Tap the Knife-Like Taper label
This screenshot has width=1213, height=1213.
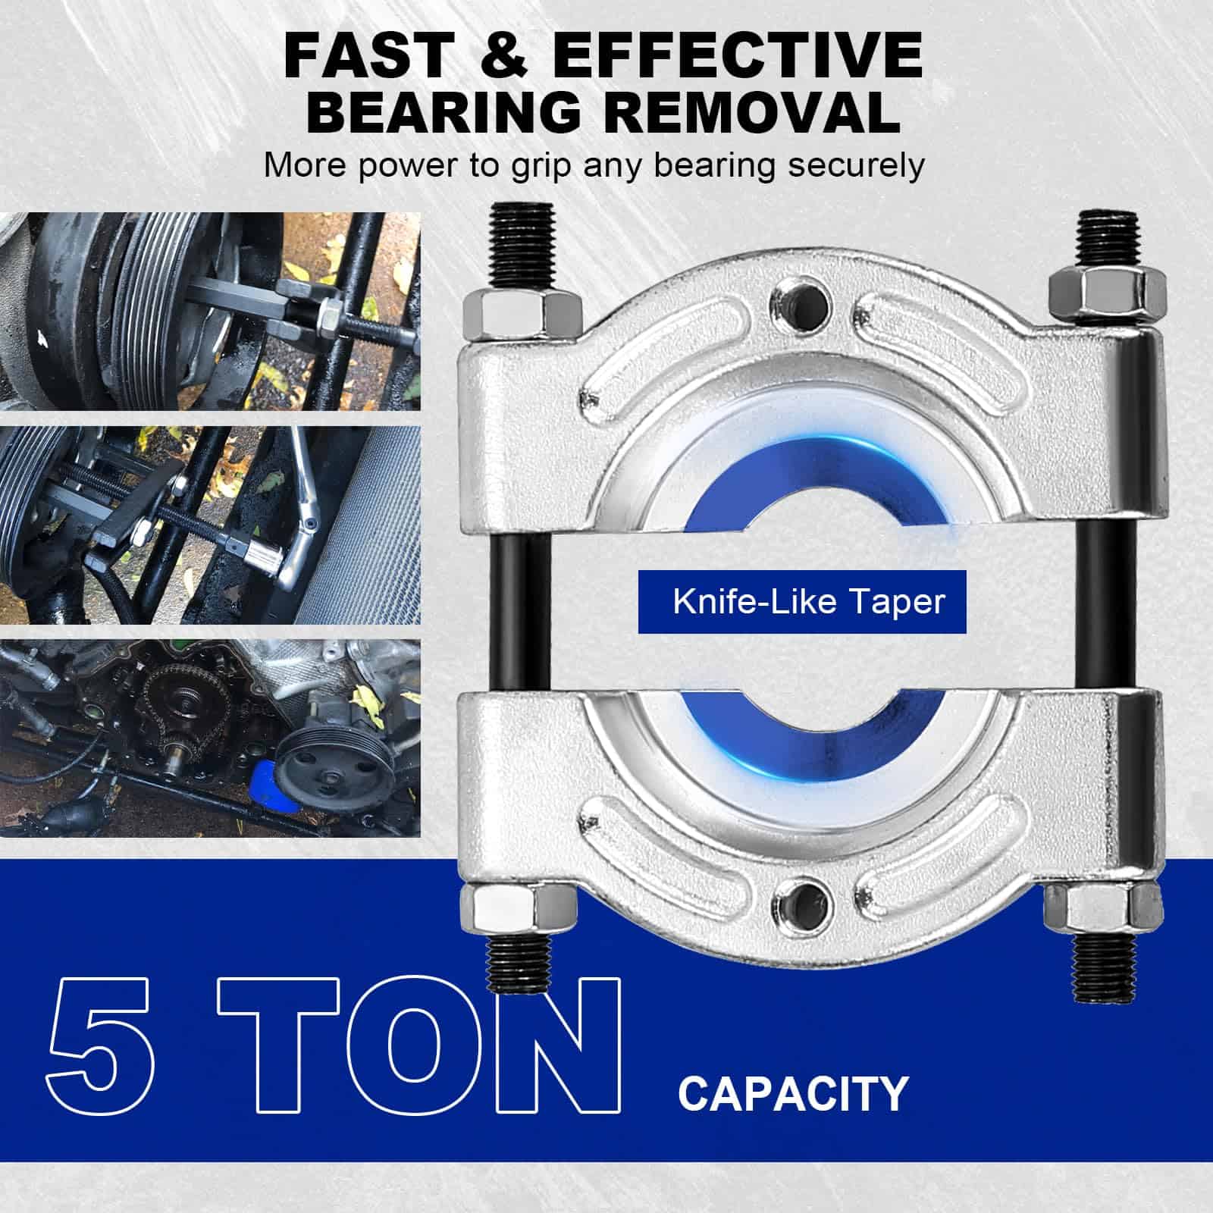pyautogui.click(x=809, y=601)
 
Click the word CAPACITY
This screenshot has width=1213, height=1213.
pyautogui.click(x=793, y=1093)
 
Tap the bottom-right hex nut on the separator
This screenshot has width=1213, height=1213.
pyautogui.click(x=1092, y=906)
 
